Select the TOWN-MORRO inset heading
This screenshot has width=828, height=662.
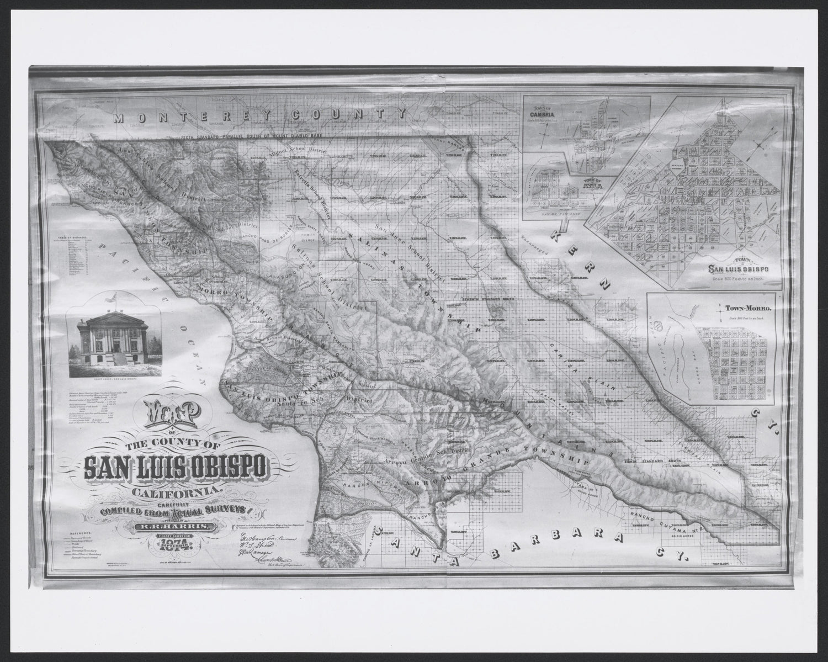click(x=741, y=309)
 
